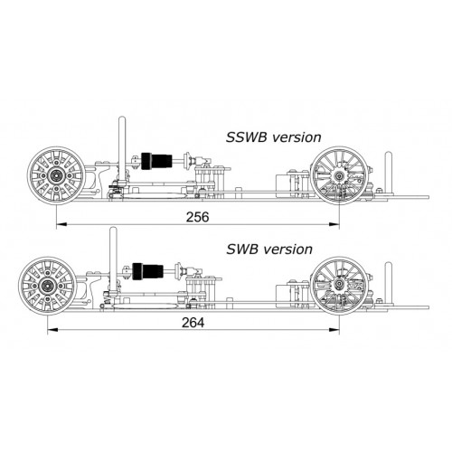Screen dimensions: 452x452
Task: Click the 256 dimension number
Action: point(197,217)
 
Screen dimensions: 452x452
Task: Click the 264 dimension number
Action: point(193,323)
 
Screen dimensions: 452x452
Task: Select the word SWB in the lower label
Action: point(242,250)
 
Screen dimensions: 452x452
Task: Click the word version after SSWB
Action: point(297,138)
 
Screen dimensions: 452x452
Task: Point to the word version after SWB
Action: point(287,250)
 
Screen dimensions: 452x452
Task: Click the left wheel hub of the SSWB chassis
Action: point(56,175)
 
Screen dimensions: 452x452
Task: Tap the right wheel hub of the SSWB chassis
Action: point(340,175)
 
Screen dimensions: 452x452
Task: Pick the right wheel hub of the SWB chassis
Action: point(340,284)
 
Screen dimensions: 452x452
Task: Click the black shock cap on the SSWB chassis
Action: point(146,161)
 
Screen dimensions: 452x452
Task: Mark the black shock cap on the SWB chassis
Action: point(137,271)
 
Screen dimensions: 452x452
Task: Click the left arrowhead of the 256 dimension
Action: point(61,224)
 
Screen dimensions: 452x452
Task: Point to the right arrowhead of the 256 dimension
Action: point(334,224)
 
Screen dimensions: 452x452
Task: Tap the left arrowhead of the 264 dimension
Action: point(52,330)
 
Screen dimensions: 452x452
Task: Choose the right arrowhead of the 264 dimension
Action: point(334,330)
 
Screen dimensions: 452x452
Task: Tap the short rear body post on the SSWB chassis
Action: point(389,173)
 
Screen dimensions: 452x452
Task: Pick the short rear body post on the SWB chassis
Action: point(389,283)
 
